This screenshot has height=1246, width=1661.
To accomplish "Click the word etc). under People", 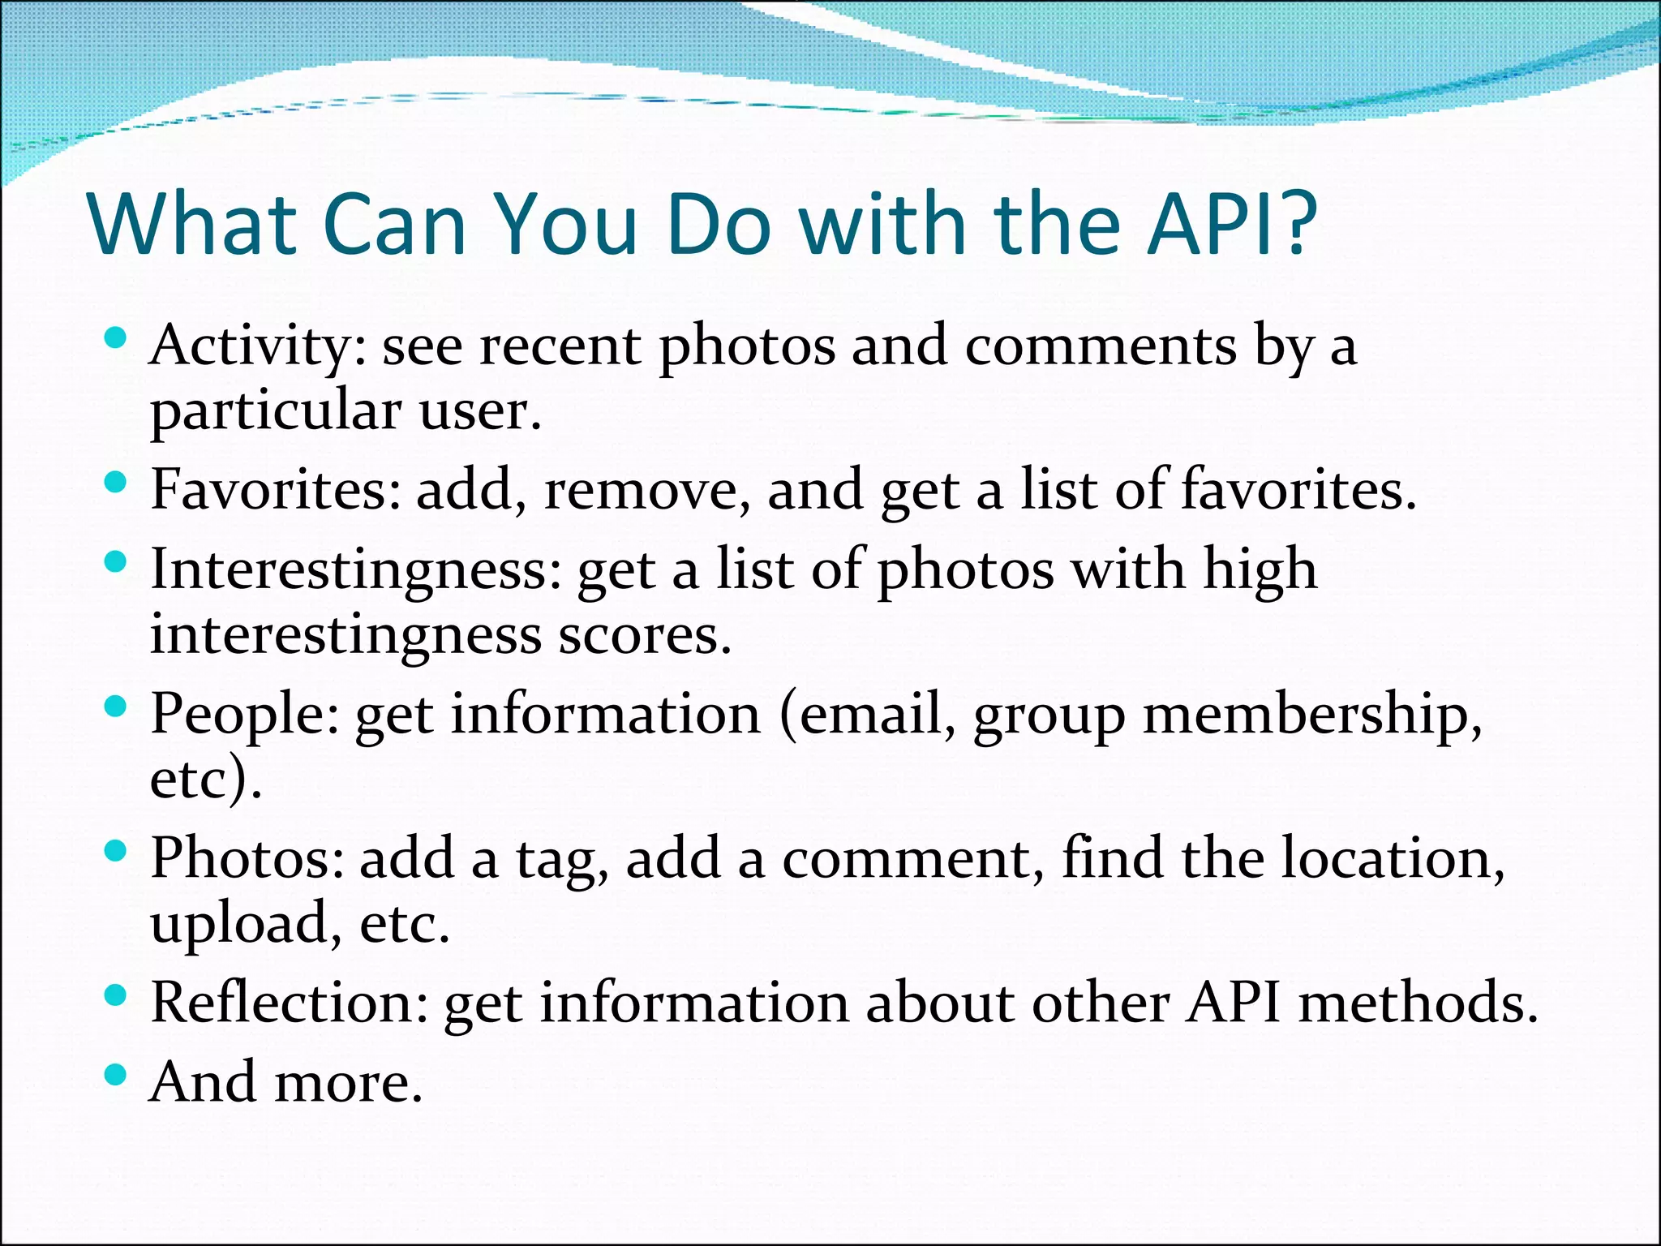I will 206,779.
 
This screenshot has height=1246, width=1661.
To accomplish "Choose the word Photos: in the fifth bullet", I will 247,858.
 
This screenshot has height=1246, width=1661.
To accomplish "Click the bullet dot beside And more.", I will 116,1075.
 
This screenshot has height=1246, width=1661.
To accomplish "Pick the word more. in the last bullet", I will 349,1083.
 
